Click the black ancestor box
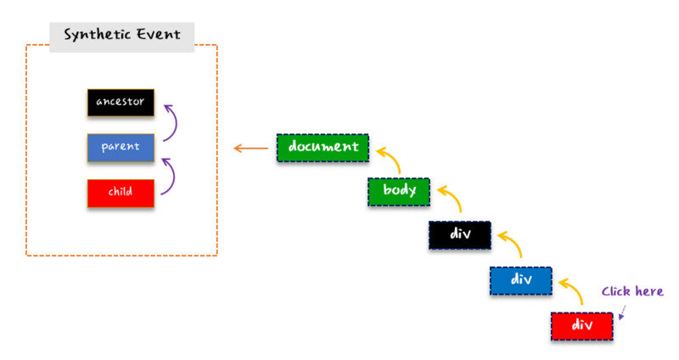[x=121, y=103]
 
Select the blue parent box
[x=121, y=148]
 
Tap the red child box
[x=121, y=194]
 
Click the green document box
[x=323, y=148]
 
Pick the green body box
[x=399, y=192]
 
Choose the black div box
[x=460, y=235]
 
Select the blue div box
[x=521, y=281]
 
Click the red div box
[x=582, y=326]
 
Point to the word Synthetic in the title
[x=98, y=35]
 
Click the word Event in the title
[x=159, y=34]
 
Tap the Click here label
[x=632, y=291]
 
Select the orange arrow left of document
[x=250, y=149]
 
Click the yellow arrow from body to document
[x=393, y=157]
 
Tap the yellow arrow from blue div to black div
[x=515, y=242]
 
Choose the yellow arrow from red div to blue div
[x=576, y=289]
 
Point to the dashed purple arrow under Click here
[x=622, y=312]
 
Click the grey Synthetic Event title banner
[x=121, y=37]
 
